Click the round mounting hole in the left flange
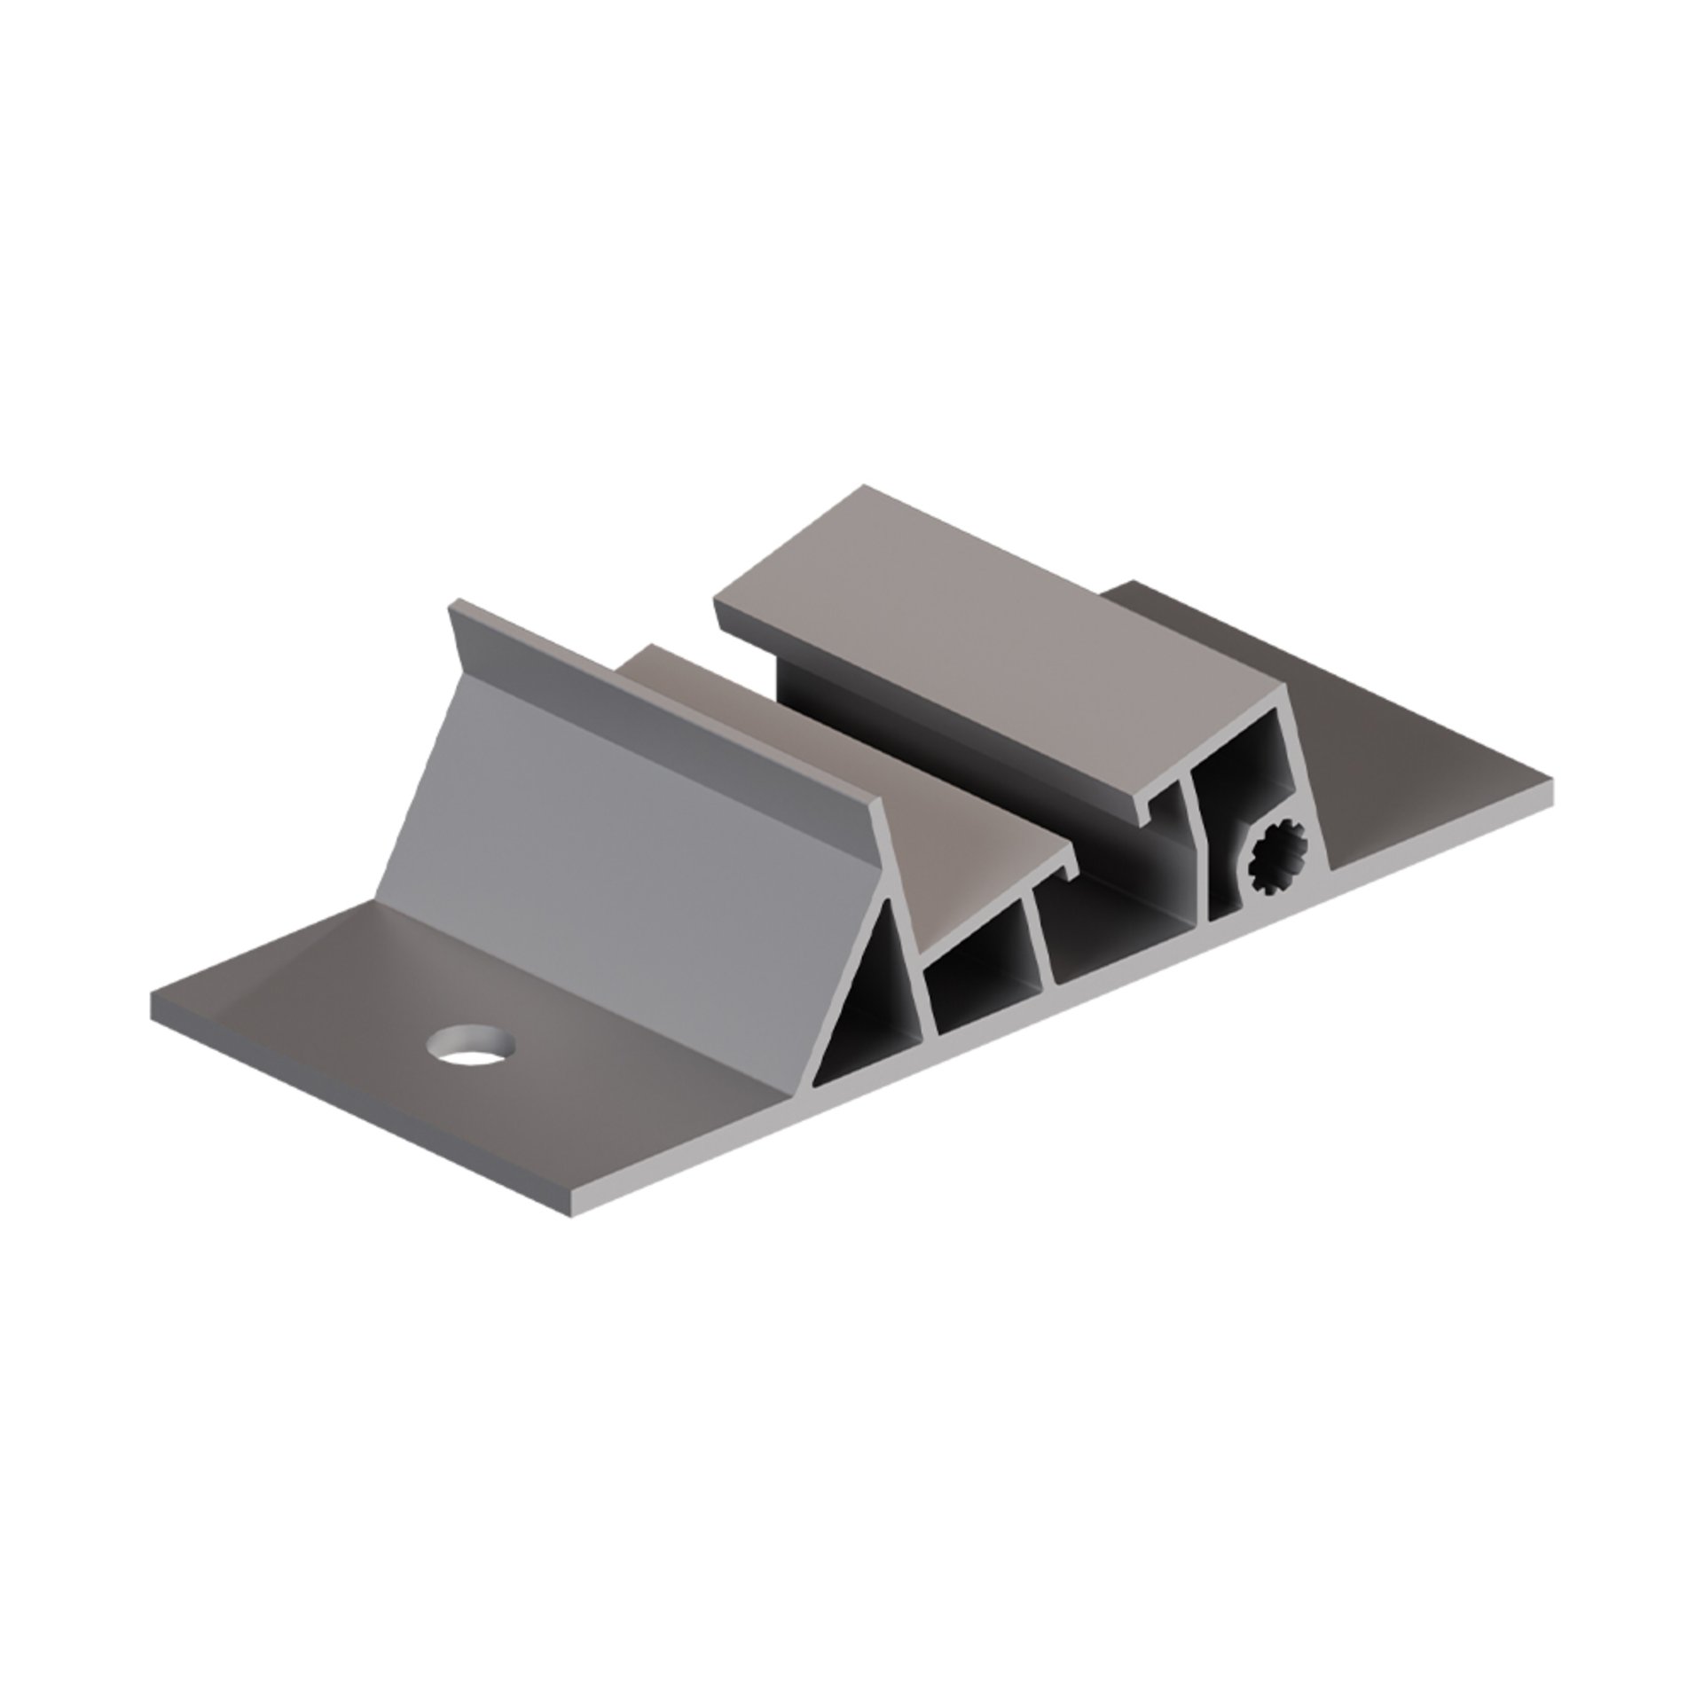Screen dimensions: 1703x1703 (x=471, y=1044)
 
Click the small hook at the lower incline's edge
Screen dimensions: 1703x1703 (x=1071, y=873)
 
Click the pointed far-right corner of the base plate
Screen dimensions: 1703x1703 (x=1550, y=782)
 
